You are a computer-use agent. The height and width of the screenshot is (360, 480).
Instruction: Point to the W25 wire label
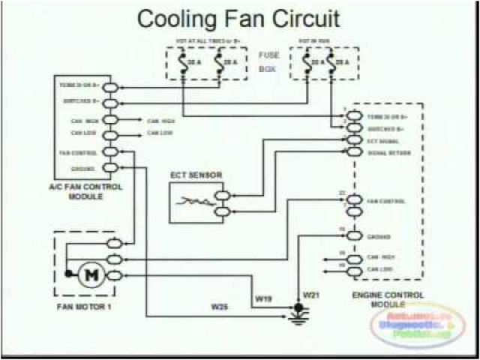tap(219, 306)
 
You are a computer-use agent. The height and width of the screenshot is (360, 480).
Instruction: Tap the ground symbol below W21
tap(301, 314)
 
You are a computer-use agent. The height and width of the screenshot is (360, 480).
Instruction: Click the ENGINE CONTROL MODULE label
tap(388, 299)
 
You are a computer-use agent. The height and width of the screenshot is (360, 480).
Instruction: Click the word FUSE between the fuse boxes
tap(269, 55)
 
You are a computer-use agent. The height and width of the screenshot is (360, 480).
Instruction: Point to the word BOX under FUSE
tap(268, 70)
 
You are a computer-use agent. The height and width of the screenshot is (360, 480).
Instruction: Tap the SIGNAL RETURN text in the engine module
tap(383, 152)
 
